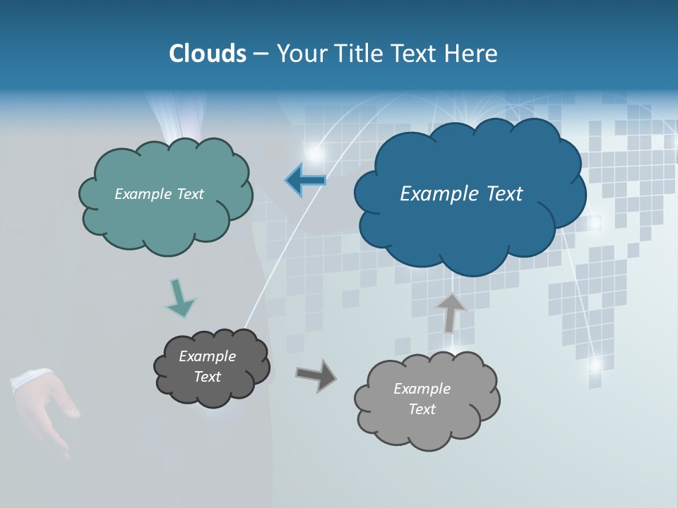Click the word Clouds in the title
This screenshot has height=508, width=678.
(207, 54)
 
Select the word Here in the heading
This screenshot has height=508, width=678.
(472, 54)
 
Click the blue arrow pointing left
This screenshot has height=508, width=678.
(305, 181)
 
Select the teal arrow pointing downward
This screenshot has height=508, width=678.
(179, 298)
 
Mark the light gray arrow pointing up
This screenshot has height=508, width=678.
(451, 312)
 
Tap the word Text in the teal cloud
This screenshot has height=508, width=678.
(189, 194)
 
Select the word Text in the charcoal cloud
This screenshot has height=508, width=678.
(208, 377)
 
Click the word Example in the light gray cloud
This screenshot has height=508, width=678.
(422, 389)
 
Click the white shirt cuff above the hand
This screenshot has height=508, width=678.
(30, 379)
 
